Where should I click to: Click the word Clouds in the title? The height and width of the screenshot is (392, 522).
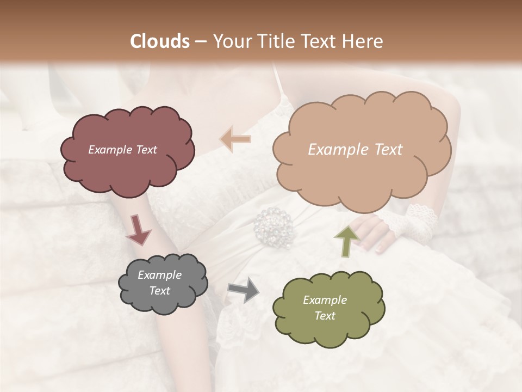(x=160, y=41)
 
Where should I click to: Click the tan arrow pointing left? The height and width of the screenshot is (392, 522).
(x=235, y=139)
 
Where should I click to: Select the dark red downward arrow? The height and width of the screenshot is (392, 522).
(x=139, y=229)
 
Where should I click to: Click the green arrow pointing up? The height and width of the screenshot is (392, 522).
(x=347, y=240)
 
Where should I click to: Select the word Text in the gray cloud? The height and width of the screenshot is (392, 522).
(x=160, y=291)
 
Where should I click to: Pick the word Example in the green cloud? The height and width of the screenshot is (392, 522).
(x=325, y=300)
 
